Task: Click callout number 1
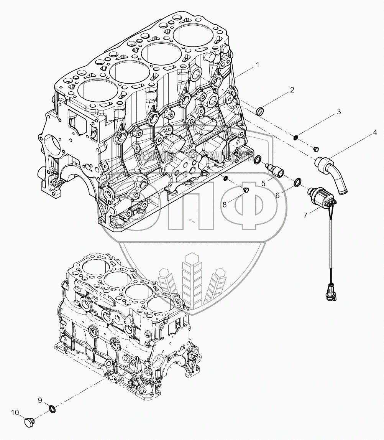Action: click(x=258, y=65)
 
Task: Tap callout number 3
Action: click(x=338, y=112)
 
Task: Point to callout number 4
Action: click(x=375, y=132)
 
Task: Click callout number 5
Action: click(x=264, y=183)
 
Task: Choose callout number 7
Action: click(x=305, y=216)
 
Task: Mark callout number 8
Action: click(x=225, y=204)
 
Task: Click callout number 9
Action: click(x=40, y=400)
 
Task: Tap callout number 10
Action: click(x=14, y=413)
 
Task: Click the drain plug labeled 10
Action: click(x=29, y=422)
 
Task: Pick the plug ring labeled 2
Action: click(x=260, y=112)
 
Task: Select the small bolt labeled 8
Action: click(x=246, y=189)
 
